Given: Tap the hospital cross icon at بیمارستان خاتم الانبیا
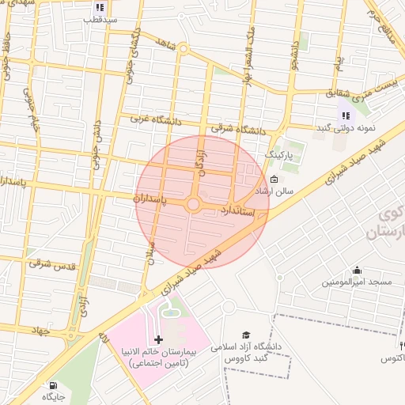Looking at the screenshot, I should [x=159, y=339].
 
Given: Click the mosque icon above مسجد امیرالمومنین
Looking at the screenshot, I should [x=357, y=270].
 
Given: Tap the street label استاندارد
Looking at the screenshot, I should [x=236, y=211].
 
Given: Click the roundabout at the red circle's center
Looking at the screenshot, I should [x=194, y=205].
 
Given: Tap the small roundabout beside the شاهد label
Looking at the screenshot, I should [x=183, y=49].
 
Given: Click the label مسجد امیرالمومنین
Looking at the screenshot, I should [x=357, y=282].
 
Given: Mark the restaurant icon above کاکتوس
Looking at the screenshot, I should [x=402, y=346].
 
